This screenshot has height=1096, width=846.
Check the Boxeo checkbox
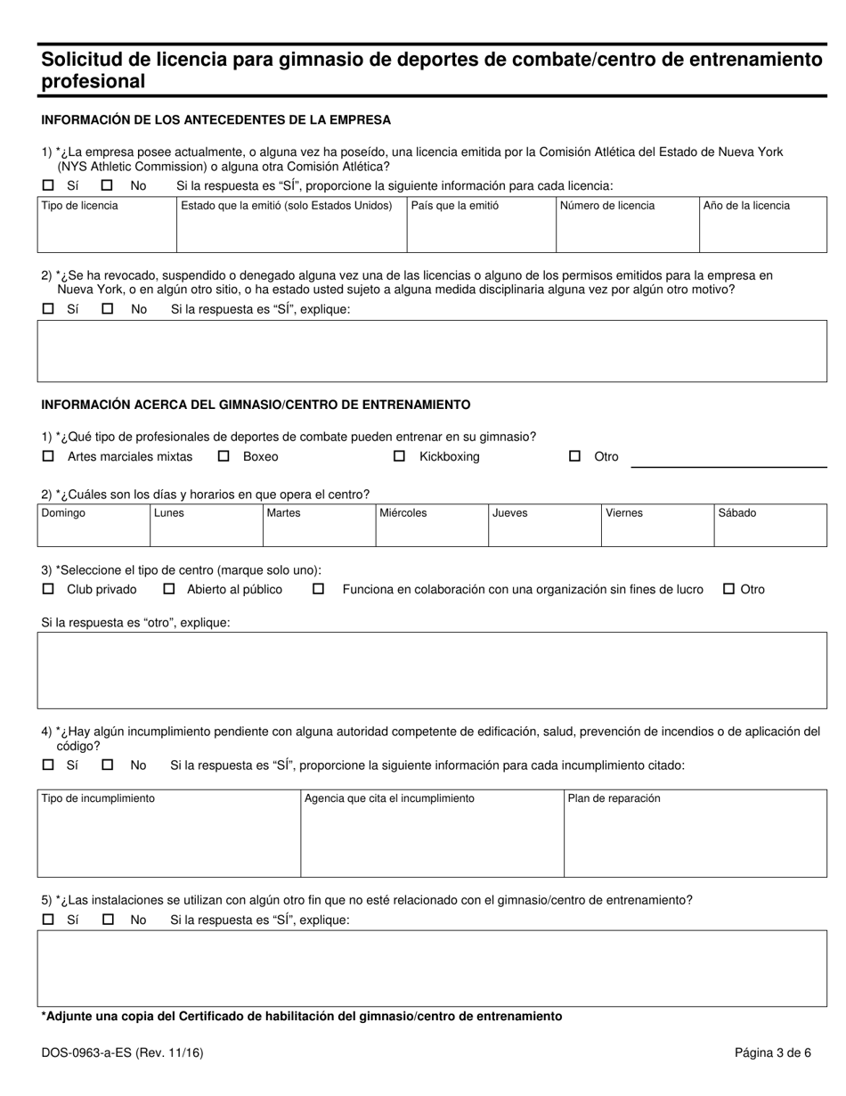224,456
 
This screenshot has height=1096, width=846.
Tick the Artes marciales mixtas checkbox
48,456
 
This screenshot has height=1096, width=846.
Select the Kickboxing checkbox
400,456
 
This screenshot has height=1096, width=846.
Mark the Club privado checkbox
48,589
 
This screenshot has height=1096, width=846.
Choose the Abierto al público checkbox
169,589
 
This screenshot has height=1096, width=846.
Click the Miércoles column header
403,513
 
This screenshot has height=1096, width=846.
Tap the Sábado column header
736,513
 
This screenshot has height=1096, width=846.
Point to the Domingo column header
64,513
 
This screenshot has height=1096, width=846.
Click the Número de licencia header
607,206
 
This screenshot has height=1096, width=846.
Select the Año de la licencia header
746,206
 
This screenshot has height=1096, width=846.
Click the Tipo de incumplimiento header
98,798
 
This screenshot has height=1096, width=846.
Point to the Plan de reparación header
614,798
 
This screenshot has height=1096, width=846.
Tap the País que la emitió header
455,206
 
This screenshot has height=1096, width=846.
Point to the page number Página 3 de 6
773,1052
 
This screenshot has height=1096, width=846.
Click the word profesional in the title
93,82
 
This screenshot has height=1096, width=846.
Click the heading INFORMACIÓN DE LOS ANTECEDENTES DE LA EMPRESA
216,119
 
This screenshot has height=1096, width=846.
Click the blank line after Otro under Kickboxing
729,462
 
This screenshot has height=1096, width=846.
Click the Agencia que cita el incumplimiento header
389,798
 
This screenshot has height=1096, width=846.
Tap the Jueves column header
510,513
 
